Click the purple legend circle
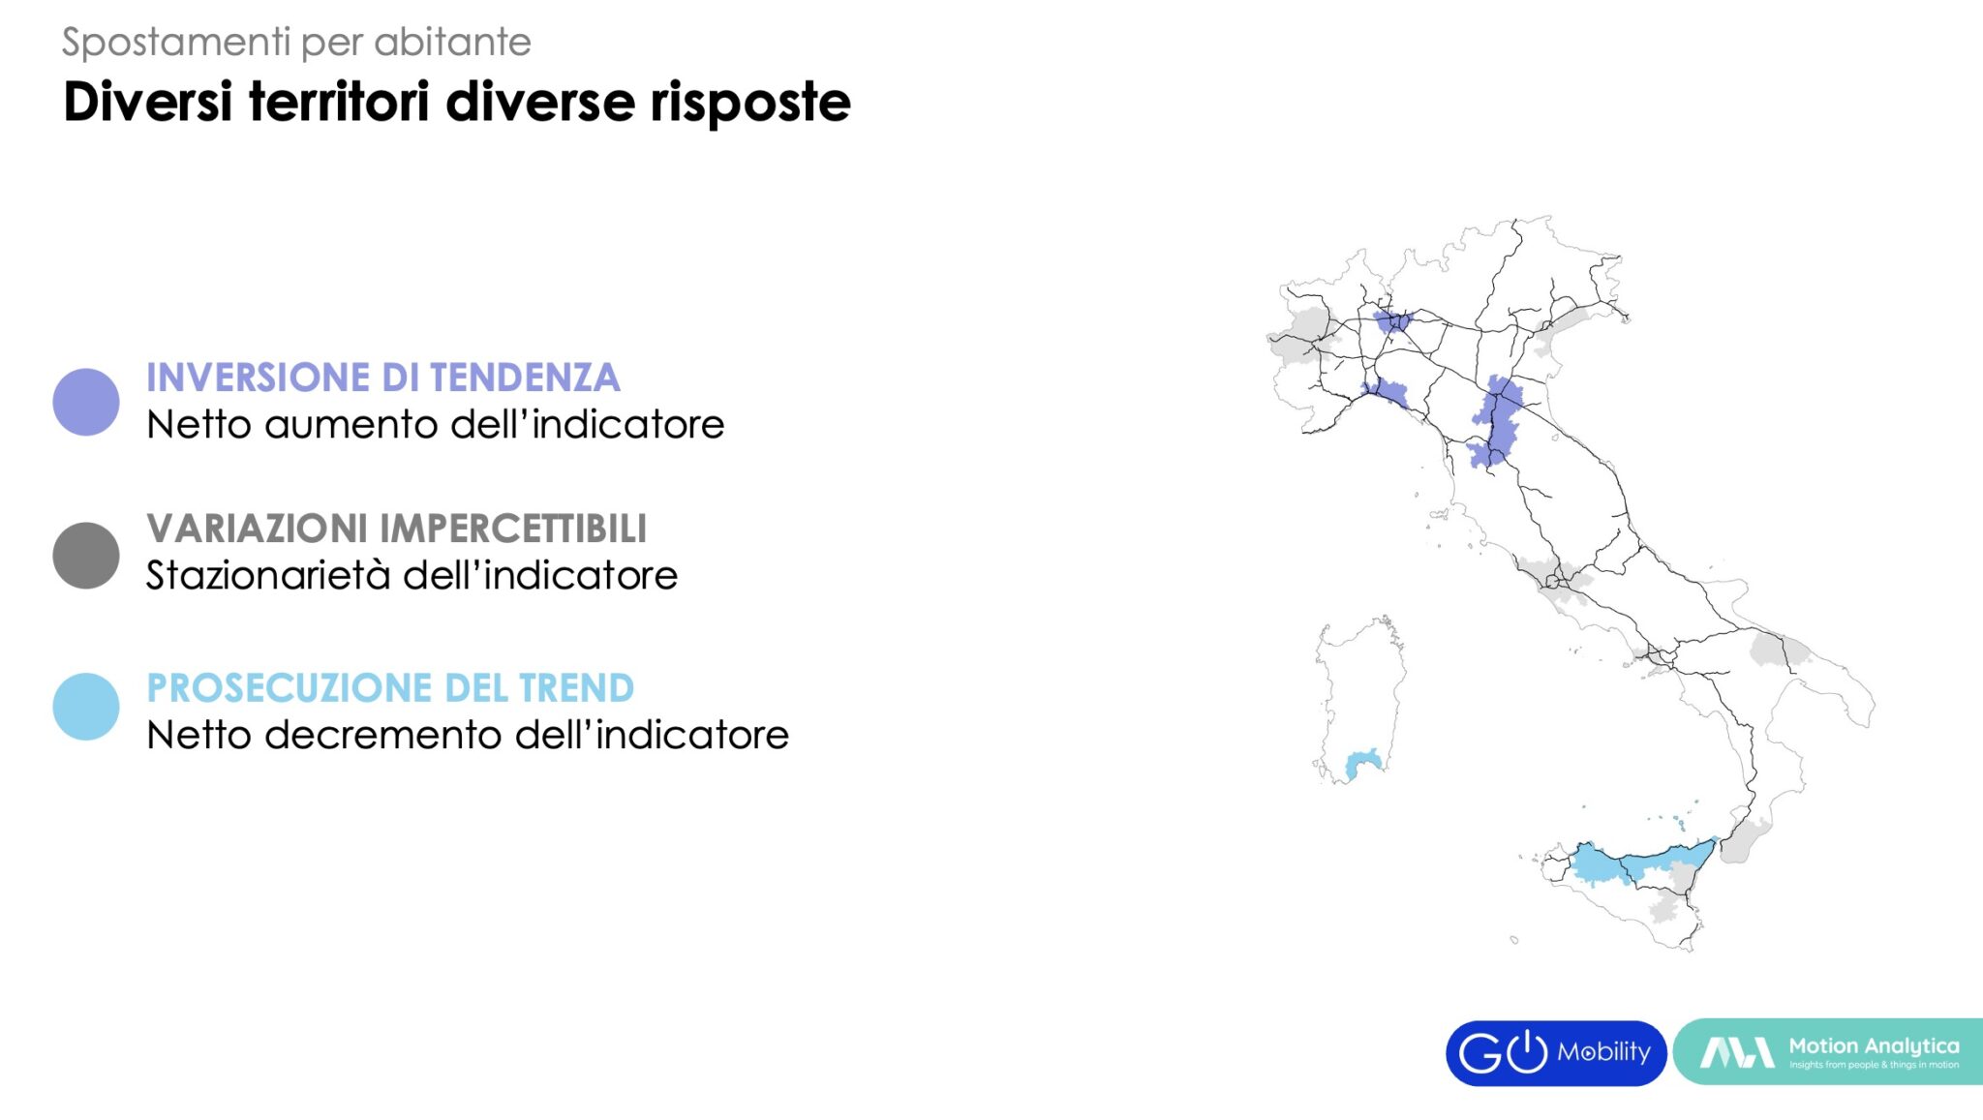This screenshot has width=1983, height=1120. point(86,402)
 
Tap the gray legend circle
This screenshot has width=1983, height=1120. point(86,556)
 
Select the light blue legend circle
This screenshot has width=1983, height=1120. point(86,707)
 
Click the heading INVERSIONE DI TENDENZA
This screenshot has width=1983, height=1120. point(382,378)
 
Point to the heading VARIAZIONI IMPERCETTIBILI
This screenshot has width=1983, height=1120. point(396,529)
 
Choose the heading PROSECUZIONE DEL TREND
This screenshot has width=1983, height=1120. point(390,688)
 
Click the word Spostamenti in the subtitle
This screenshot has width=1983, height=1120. point(176,43)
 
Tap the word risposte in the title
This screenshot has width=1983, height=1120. point(750,103)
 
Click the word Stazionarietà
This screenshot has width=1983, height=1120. point(268,575)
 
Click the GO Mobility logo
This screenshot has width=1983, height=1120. point(1556,1053)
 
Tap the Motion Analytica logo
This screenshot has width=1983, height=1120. point(1828,1051)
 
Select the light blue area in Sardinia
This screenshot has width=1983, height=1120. point(1362,763)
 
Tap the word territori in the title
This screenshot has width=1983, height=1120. point(339,103)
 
